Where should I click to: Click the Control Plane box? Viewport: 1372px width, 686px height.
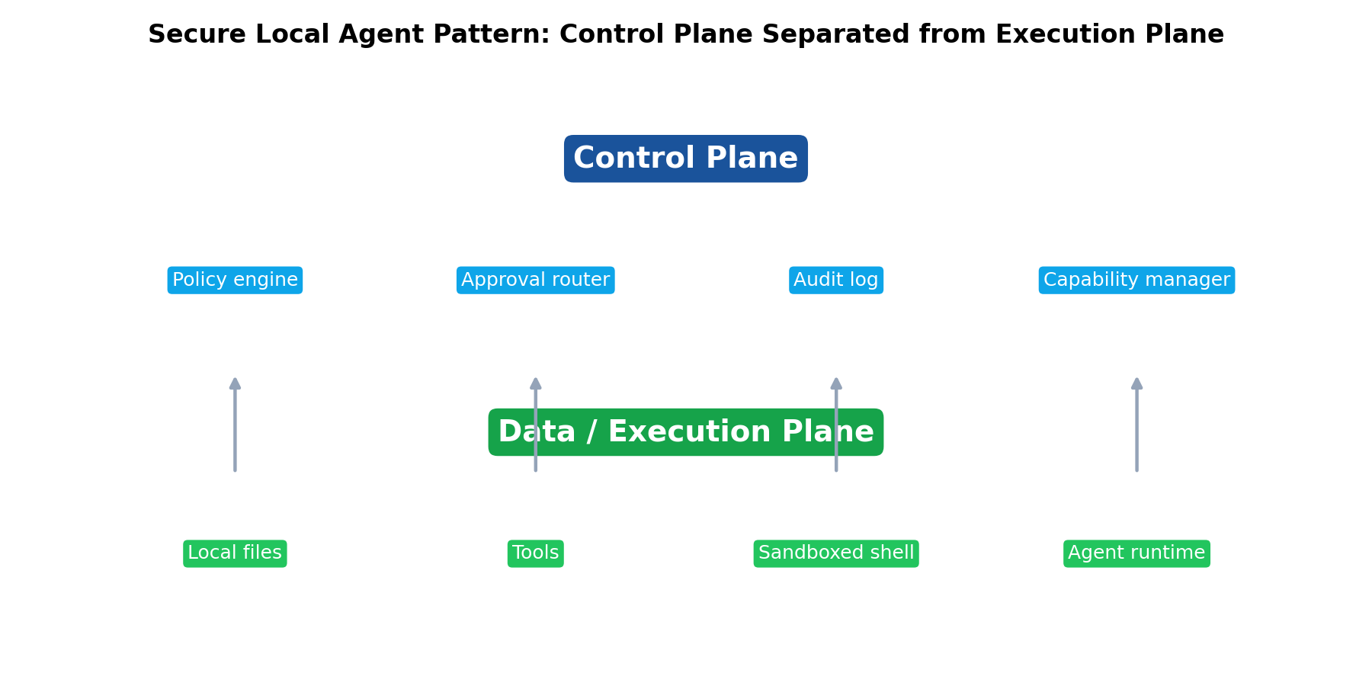pos(685,159)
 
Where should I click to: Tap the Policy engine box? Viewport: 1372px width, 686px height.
pos(235,280)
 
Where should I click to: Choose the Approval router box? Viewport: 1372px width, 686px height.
pos(535,280)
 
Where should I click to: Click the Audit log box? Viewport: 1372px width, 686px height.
pos(835,280)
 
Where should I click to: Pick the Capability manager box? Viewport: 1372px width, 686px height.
pos(1136,280)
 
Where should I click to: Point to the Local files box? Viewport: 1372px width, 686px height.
pos(235,553)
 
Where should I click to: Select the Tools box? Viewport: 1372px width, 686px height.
pos(535,553)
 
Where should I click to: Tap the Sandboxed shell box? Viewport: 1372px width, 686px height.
pos(835,553)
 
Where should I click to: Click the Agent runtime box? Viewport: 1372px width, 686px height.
pos(1136,553)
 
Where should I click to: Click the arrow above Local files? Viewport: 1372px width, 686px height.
pos(235,434)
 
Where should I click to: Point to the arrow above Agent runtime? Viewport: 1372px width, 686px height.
pos(1136,434)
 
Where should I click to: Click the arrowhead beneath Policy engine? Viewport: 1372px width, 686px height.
pos(235,383)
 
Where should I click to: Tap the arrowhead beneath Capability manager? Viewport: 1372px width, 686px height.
pos(1136,383)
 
